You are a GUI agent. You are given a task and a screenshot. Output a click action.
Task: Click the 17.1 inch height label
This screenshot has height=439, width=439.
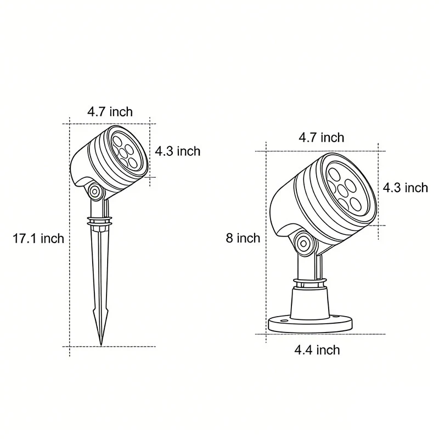tap(38, 238)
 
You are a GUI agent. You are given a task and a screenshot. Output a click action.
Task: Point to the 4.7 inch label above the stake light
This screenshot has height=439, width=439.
tap(110, 111)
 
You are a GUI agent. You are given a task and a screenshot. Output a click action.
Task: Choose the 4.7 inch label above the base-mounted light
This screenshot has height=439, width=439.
tap(321, 137)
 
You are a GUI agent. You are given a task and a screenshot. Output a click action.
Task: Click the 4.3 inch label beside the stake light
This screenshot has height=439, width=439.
tap(177, 151)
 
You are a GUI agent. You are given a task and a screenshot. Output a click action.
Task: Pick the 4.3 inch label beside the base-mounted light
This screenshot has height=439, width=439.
tap(405, 188)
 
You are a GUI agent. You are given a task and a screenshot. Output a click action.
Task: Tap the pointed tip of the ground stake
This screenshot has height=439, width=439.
tap(101, 342)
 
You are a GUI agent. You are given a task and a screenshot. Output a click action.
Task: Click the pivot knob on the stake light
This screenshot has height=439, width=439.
tap(95, 192)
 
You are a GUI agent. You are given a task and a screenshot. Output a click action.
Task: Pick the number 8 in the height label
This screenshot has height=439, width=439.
tap(229, 238)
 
